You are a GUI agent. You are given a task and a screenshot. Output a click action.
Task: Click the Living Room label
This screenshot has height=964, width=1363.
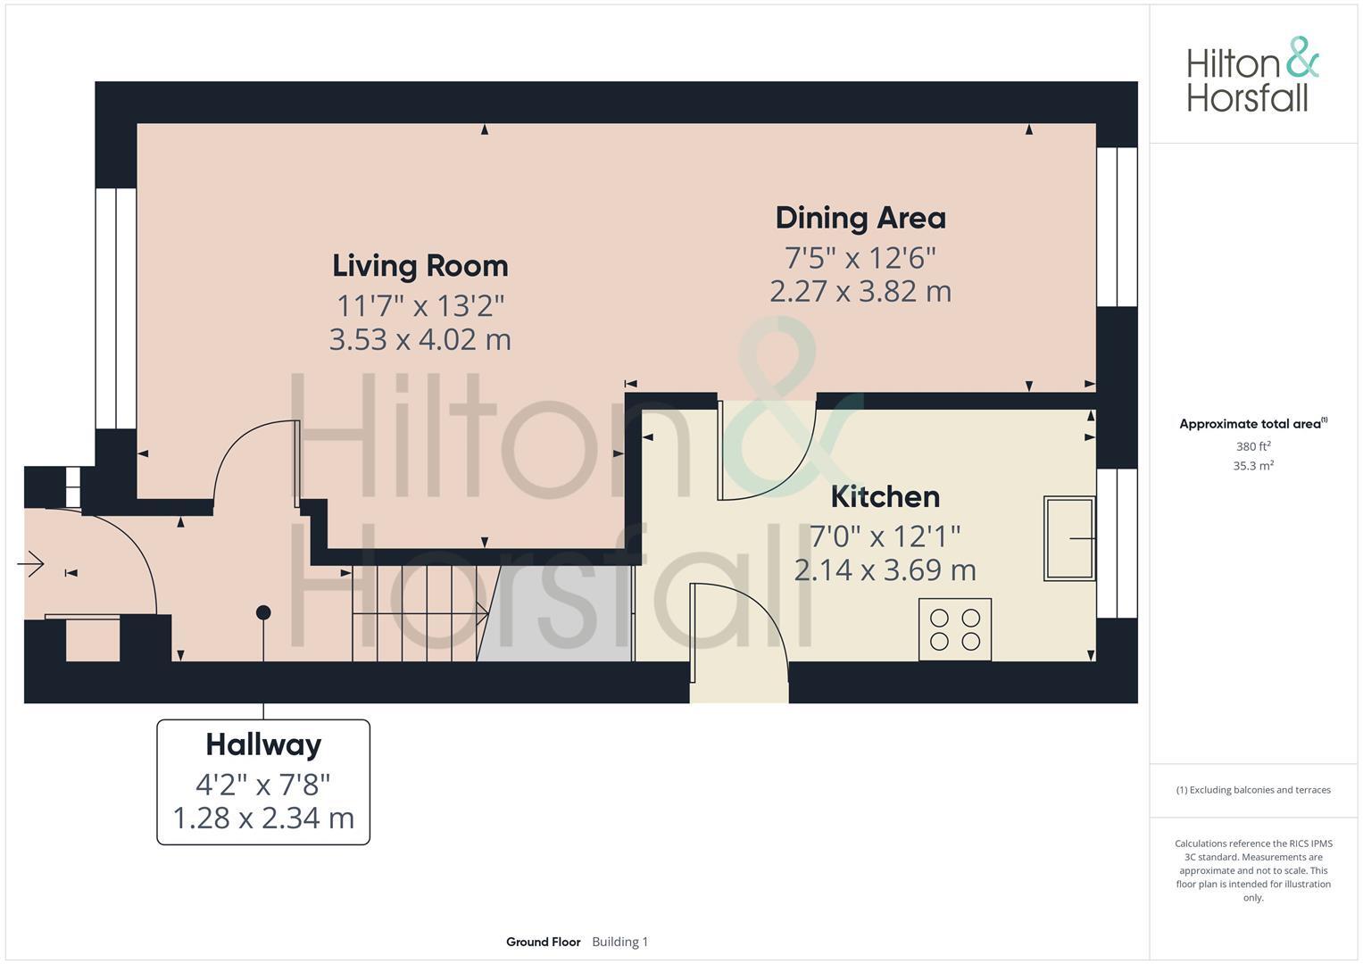420,266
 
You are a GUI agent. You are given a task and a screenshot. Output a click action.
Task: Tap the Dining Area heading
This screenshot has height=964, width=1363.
860,218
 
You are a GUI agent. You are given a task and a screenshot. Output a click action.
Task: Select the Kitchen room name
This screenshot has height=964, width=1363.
885,496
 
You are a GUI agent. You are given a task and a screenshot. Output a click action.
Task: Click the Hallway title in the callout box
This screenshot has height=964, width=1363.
263,744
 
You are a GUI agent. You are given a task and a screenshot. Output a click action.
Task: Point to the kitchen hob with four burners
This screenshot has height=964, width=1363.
954,629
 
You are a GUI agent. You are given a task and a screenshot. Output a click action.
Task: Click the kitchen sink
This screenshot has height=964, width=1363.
1068,538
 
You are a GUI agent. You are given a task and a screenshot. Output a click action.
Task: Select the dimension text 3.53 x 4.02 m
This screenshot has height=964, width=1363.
420,340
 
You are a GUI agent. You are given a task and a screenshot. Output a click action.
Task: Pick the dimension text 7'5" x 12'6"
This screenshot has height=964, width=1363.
860,258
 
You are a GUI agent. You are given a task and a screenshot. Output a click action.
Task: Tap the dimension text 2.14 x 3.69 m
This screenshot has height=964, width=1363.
885,569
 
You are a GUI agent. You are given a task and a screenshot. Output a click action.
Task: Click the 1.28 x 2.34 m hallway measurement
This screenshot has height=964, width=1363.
263,818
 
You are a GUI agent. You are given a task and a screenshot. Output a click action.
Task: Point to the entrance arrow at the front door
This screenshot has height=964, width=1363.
31,564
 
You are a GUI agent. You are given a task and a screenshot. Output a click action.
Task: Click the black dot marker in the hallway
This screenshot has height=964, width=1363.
263,612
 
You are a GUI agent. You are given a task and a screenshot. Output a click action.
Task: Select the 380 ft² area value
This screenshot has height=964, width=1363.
1253,446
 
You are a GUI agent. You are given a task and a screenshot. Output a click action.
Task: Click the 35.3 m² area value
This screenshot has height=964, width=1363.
1253,466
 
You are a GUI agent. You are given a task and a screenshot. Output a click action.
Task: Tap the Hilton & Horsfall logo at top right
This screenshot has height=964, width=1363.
1252,75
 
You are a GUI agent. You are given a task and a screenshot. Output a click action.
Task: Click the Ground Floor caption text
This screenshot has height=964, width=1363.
543,942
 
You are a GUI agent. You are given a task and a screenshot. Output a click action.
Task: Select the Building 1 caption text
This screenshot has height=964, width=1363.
619,942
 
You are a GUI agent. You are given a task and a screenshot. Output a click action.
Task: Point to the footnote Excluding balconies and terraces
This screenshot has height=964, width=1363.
1253,790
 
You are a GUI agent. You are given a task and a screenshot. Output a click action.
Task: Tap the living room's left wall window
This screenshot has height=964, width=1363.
116,308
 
